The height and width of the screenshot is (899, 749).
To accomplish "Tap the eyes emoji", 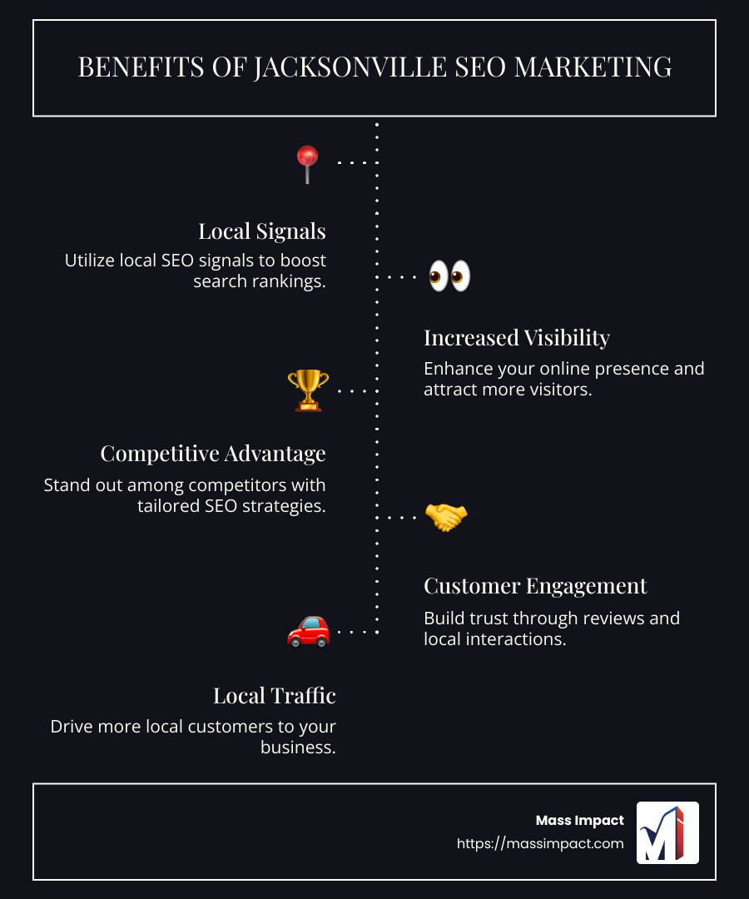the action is [449, 276].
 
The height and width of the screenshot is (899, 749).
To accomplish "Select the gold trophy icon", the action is [308, 390].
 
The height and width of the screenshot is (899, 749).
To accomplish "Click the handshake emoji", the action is [446, 517].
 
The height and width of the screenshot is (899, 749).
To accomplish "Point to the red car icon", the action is [308, 631].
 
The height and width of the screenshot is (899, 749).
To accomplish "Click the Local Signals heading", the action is [261, 231].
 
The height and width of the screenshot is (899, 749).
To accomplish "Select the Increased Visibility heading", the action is [517, 338].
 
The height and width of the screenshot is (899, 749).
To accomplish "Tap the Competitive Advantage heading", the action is [213, 454].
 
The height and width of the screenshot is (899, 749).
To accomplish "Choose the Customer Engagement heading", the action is [535, 586].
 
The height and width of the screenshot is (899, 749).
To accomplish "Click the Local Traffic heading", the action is [275, 696].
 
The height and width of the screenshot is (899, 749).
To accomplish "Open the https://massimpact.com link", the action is [540, 843].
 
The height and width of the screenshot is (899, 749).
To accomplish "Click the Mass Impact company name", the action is [579, 821].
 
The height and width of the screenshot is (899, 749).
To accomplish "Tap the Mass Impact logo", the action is [667, 832].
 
